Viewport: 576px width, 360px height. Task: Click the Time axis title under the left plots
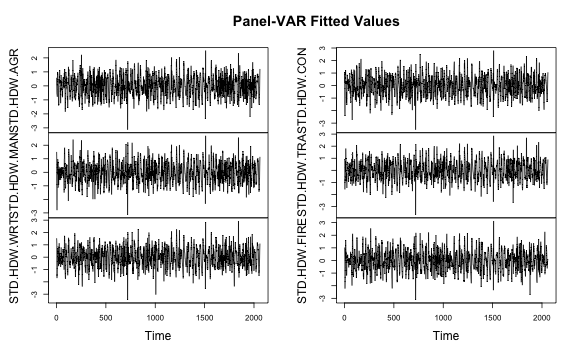(159, 337)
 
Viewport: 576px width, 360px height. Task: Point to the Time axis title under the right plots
(446, 337)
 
